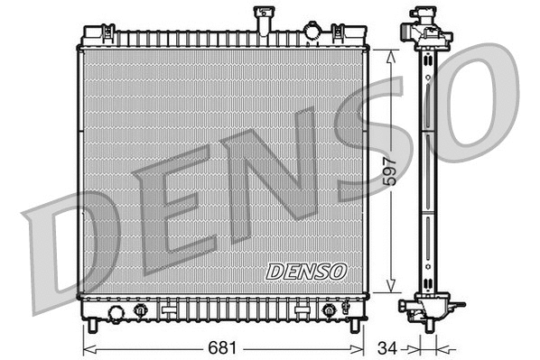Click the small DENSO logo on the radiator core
click(x=305, y=270)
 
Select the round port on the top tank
click(x=312, y=32)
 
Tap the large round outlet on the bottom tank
click(x=116, y=313)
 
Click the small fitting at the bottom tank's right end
click(x=329, y=311)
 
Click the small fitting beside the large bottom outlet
click(x=140, y=311)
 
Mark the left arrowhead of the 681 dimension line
click(x=88, y=347)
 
